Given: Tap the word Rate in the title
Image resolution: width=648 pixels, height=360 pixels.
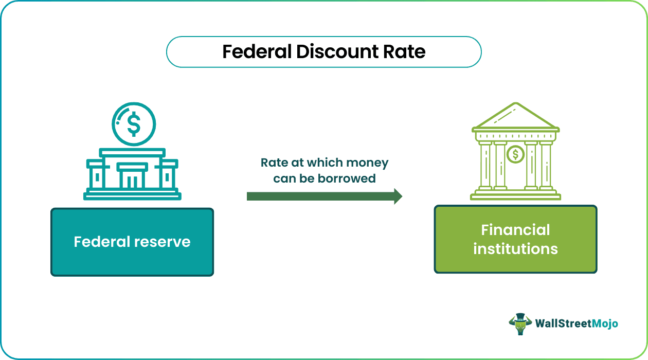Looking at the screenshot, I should (x=407, y=52).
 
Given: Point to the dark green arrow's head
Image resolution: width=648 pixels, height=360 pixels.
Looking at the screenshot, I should (x=398, y=196).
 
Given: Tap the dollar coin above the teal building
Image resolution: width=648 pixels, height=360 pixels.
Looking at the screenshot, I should (x=134, y=124).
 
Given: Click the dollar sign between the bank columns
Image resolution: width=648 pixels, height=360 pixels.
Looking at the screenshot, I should (x=515, y=154).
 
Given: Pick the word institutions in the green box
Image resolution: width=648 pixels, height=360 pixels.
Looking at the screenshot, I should (x=515, y=249).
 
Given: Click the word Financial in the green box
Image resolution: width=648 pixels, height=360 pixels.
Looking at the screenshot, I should (x=515, y=230).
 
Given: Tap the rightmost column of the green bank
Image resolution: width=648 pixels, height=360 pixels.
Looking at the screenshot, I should (x=546, y=165).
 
